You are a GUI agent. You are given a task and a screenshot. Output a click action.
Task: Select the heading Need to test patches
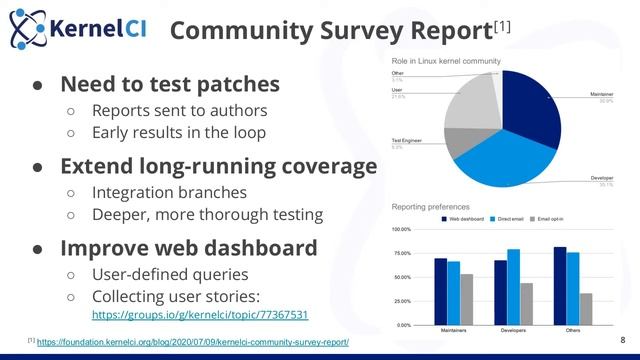click(x=170, y=84)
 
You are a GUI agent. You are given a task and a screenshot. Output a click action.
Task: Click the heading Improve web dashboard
click(x=189, y=247)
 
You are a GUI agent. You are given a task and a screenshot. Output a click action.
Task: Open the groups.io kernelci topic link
click(x=199, y=314)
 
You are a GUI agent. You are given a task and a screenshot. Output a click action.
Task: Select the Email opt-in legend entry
click(x=557, y=217)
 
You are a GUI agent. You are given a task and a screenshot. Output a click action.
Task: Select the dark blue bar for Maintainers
click(x=440, y=291)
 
